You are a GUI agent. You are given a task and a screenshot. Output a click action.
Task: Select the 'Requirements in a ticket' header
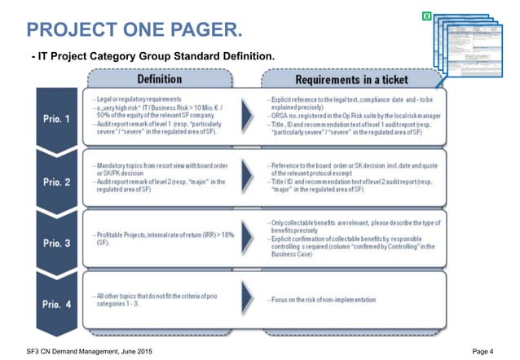[x=351, y=81]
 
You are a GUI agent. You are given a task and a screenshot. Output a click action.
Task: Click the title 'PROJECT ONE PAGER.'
[x=134, y=31]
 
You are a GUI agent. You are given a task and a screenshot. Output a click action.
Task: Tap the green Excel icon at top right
[x=426, y=16]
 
